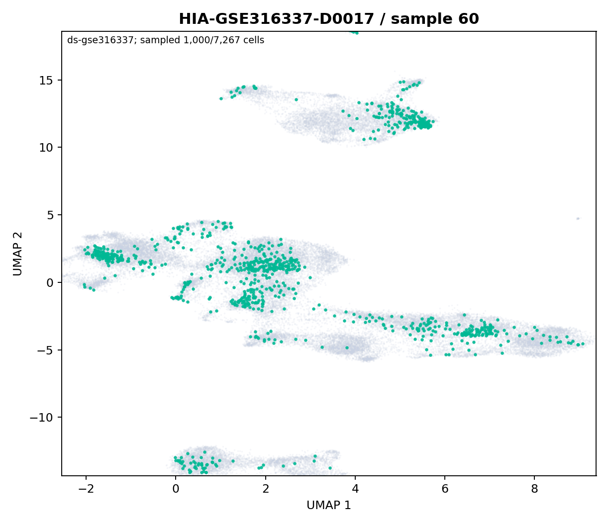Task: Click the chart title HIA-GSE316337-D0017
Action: [276, 19]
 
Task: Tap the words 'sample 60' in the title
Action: [435, 19]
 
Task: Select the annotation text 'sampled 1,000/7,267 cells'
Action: [202, 40]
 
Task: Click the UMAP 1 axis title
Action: [329, 505]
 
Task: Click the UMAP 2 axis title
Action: [17, 254]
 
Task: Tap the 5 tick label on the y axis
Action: [50, 215]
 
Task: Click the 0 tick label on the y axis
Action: [50, 282]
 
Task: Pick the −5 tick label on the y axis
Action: [45, 350]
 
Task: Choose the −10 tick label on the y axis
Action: [42, 418]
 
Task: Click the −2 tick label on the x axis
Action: [86, 489]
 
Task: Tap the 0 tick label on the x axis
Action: [176, 489]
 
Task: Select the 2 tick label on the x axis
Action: [266, 489]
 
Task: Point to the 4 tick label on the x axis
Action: [355, 489]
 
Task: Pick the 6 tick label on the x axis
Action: [445, 489]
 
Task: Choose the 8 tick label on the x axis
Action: [535, 489]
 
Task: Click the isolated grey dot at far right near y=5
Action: [578, 218]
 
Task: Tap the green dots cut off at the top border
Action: [354, 32]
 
